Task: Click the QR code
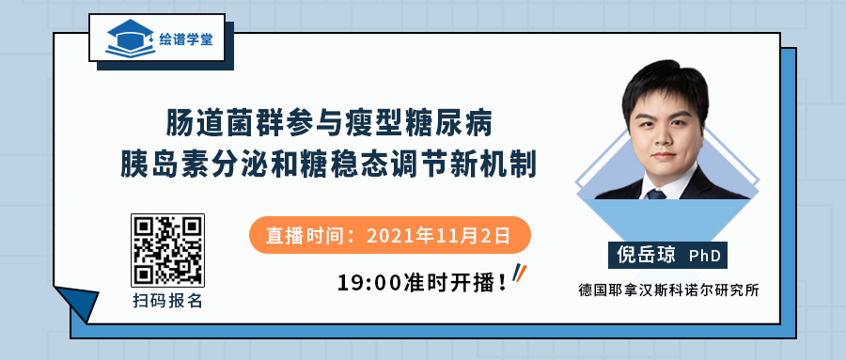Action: pyautogui.click(x=167, y=250)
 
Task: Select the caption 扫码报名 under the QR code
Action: pyautogui.click(x=167, y=302)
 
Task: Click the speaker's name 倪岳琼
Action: pyautogui.click(x=643, y=254)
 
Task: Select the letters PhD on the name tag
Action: pyautogui.click(x=705, y=255)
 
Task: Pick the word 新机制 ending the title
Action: pyautogui.click(x=502, y=162)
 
